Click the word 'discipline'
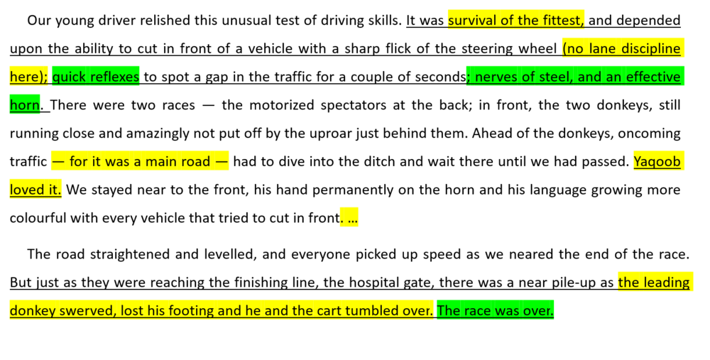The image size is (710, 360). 651,48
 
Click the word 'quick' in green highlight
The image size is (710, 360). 68,77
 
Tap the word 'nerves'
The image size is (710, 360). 494,77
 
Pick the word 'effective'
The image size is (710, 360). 653,77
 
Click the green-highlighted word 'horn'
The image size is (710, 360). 25,105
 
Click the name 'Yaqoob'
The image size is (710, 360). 657,162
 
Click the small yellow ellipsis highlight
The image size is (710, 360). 349,219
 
